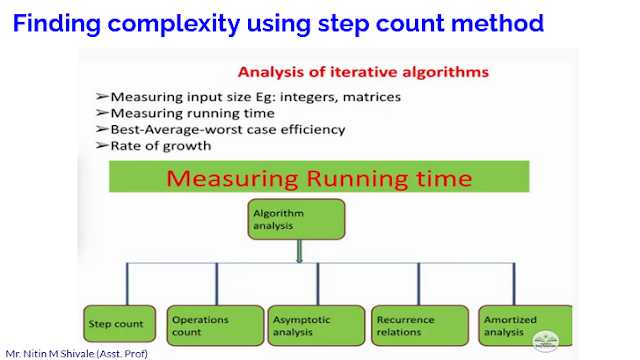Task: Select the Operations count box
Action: (206, 323)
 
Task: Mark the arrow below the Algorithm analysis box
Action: (298, 255)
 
